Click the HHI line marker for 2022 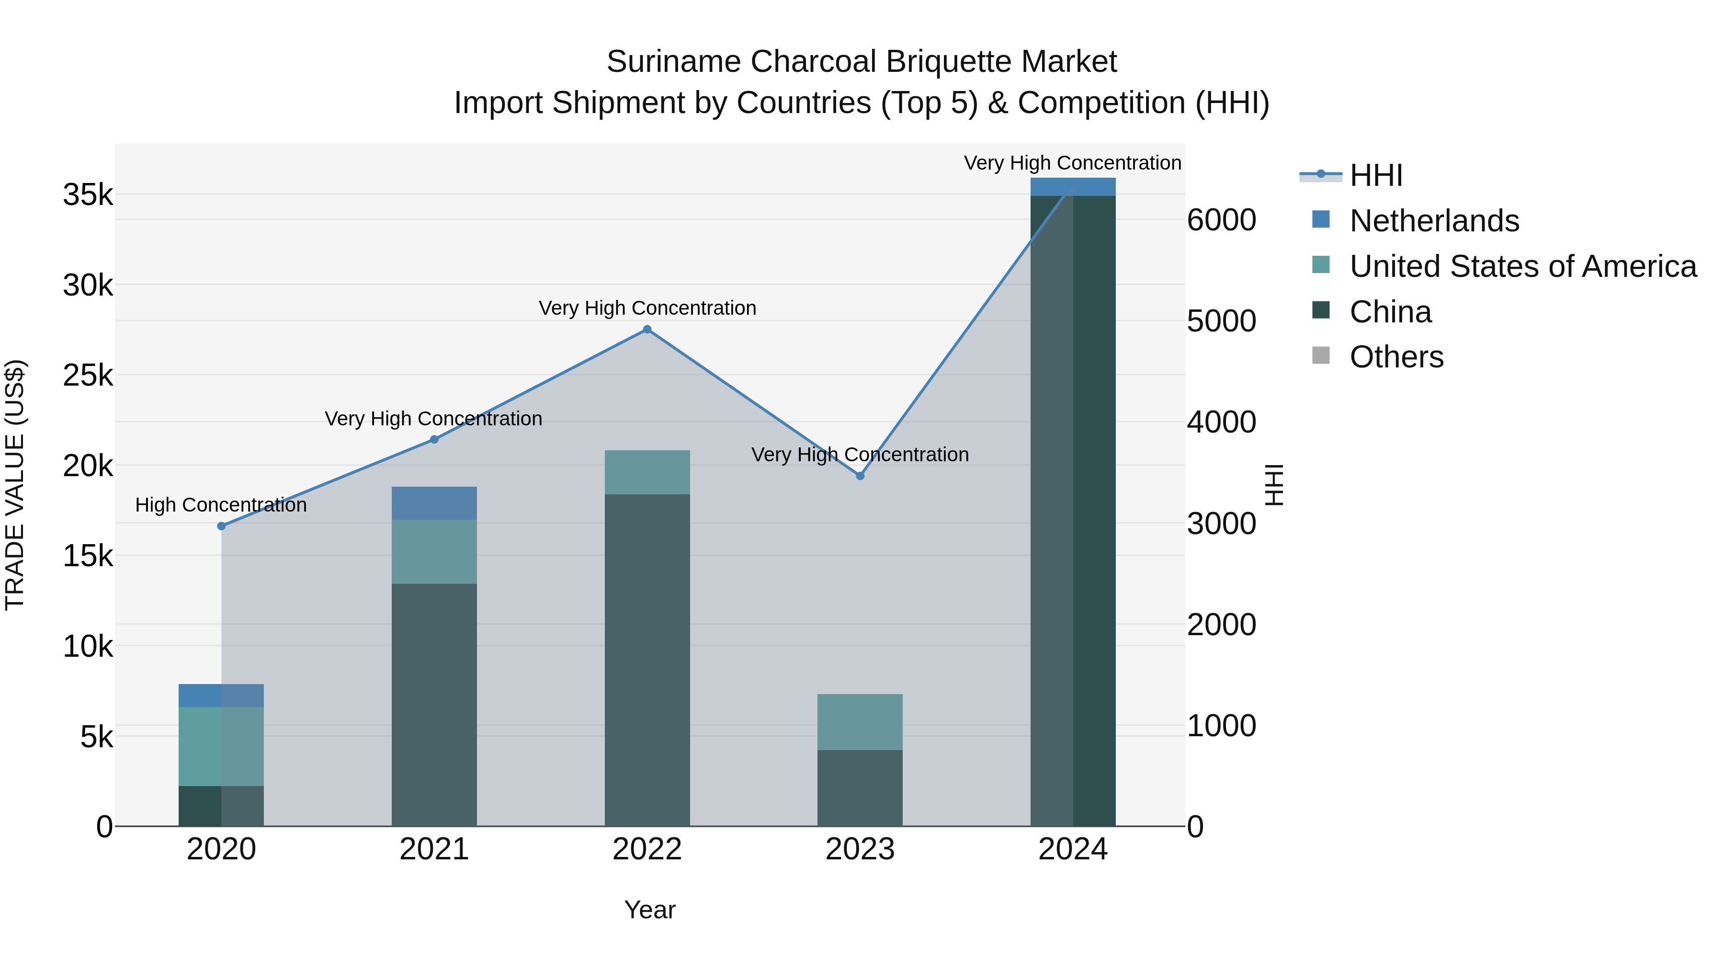point(646,330)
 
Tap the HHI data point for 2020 point(222,526)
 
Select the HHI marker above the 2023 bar point(860,476)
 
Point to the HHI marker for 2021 point(434,440)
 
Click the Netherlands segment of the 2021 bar point(434,503)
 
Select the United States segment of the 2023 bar point(860,722)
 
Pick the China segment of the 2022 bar point(647,660)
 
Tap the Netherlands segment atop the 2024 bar point(1073,187)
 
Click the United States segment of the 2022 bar point(647,472)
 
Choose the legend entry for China point(1390,312)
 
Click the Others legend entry point(1396,357)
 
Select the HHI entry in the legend point(1375,175)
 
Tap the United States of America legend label point(1522,266)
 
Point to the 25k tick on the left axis point(88,376)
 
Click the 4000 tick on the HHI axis point(1221,422)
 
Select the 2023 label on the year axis point(860,849)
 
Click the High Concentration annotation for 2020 point(221,505)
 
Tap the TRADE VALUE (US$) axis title point(15,485)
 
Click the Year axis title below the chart point(650,910)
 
